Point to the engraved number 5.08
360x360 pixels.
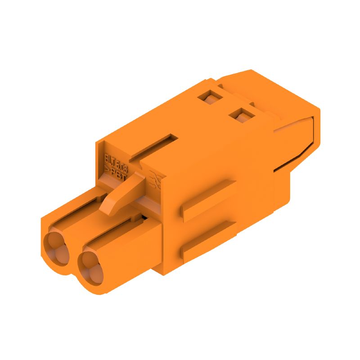(x=122, y=169)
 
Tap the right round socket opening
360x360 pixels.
(x=90, y=266)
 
